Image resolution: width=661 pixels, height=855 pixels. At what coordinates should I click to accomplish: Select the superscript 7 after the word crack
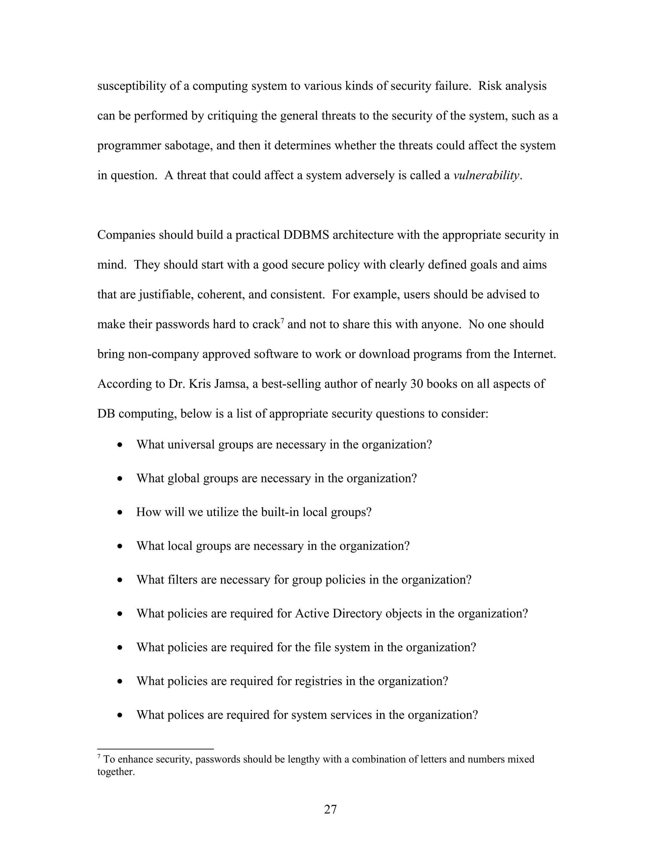tap(282, 321)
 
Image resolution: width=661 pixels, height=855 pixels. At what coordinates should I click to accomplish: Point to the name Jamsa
tap(230, 384)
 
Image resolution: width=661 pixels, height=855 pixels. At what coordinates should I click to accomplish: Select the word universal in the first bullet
tap(191, 445)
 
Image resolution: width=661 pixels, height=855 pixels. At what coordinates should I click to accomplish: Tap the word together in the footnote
tap(116, 772)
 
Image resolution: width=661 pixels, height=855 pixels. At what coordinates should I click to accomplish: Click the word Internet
tap(534, 354)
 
